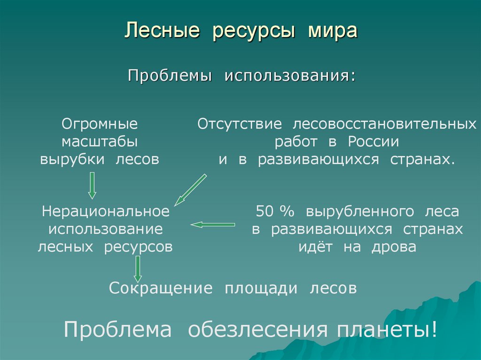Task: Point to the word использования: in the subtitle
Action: [x=289, y=76]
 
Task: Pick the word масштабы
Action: [x=100, y=141]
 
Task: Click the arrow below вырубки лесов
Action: [x=92, y=185]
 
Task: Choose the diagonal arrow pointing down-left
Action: [x=190, y=190]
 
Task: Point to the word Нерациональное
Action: [x=105, y=211]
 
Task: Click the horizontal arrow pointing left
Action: [x=212, y=225]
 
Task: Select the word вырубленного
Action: [x=360, y=211]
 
